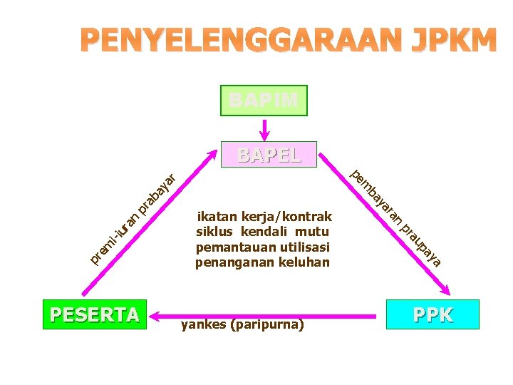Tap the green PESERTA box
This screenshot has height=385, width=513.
[x=94, y=314]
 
